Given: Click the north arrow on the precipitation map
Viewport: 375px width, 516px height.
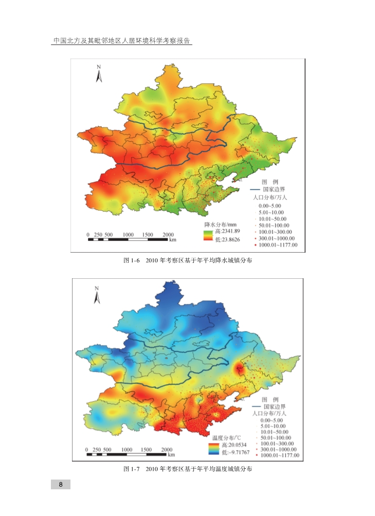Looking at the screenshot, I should pos(100,74).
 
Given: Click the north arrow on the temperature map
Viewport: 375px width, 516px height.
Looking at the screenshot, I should pos(96,296).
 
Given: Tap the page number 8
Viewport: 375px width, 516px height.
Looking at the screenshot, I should pos(61,485).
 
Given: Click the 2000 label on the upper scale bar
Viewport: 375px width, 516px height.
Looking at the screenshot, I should pos(168,235).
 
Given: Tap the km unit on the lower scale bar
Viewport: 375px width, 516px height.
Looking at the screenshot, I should pos(171,455).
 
